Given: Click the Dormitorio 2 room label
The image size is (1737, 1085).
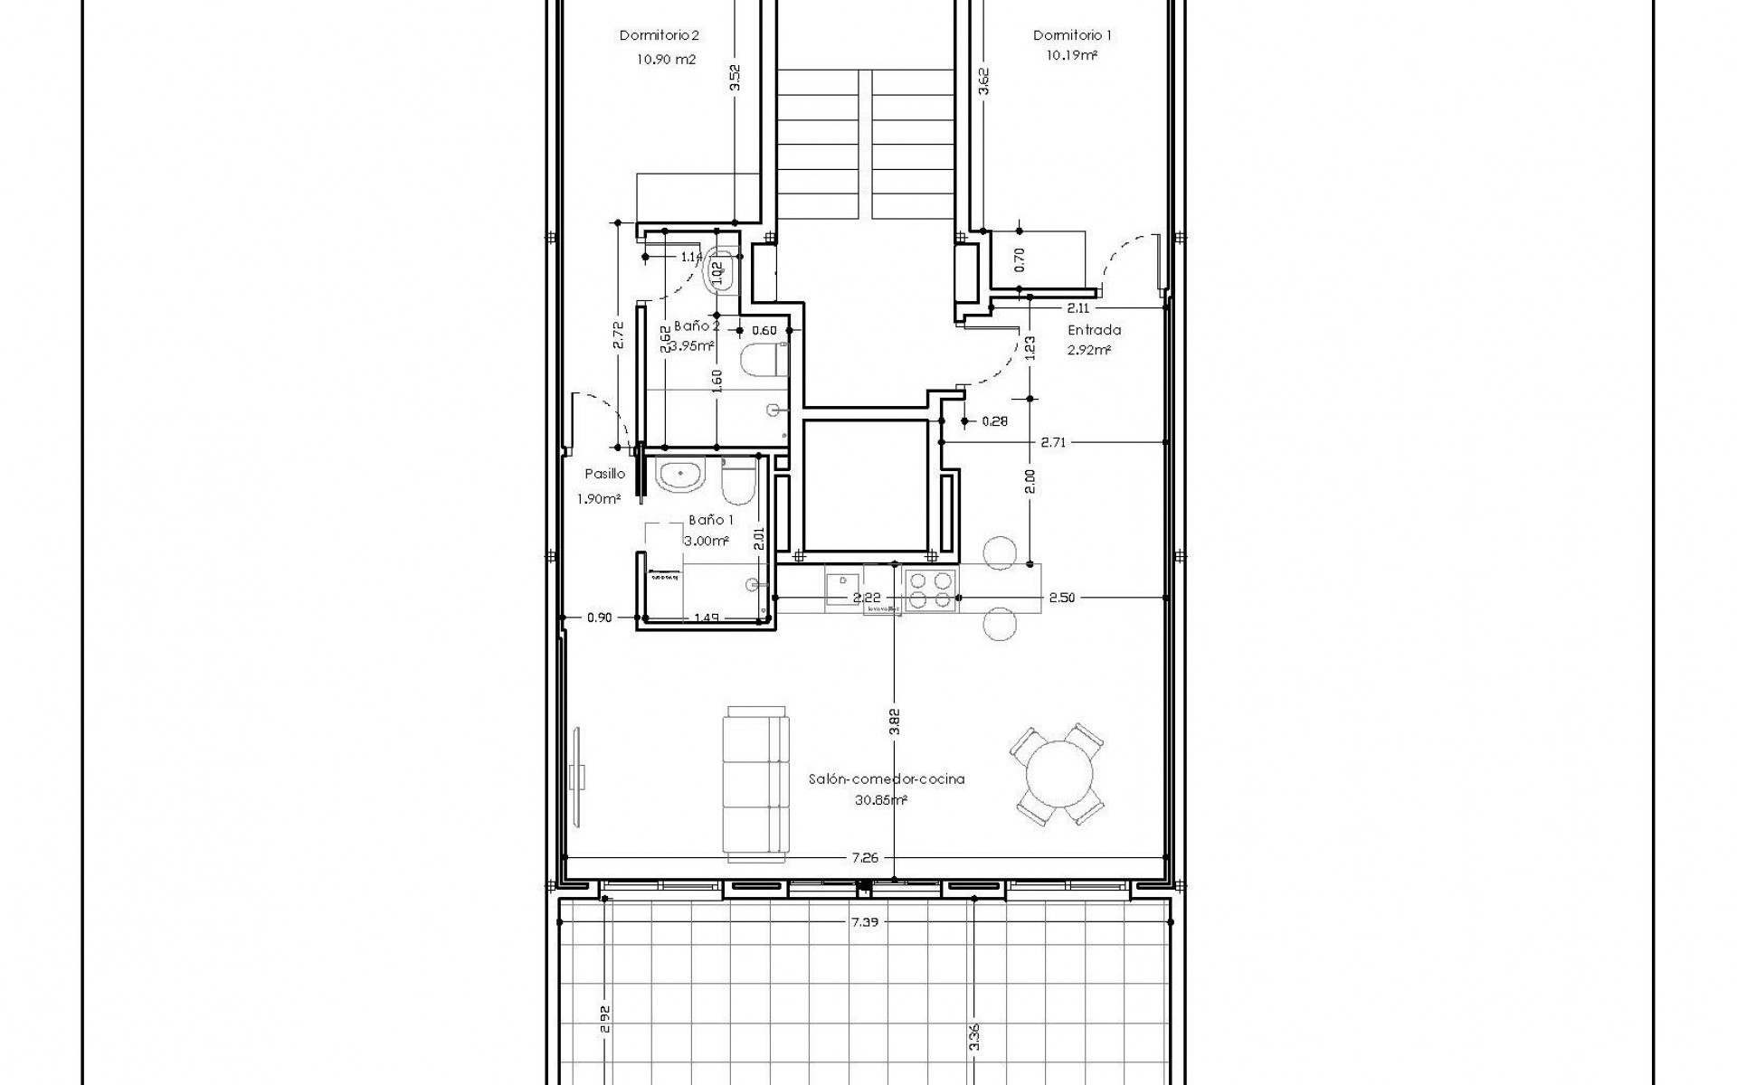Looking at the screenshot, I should [660, 36].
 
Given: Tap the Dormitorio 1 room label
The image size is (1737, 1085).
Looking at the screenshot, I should [1072, 36].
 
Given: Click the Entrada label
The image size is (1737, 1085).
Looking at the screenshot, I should [1094, 330].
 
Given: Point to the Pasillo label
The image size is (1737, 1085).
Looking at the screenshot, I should [604, 474].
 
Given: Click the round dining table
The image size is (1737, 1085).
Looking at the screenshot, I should [1057, 773].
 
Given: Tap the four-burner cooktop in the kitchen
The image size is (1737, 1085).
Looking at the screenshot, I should [930, 590].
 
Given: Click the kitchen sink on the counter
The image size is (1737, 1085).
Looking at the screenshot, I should [841, 588].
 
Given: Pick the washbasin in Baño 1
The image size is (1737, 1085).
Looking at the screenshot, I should [679, 476].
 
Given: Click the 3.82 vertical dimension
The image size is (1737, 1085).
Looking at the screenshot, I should [894, 724].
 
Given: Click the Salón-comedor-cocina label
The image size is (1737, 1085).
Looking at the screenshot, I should [886, 778].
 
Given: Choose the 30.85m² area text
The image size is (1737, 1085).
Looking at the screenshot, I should [880, 800].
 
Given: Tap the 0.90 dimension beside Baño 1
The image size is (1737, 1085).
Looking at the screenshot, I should [599, 618].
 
